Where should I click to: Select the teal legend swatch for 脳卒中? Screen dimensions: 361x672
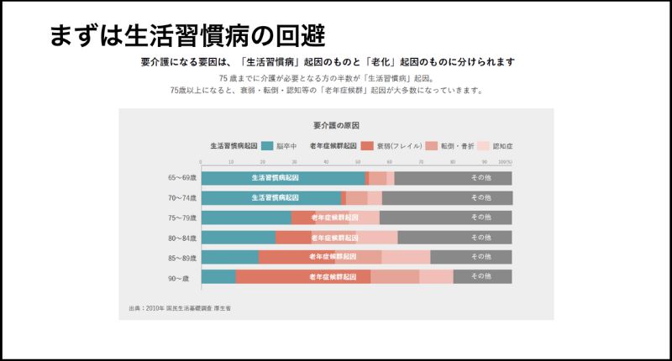(x=267, y=145)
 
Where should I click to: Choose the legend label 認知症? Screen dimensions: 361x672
(x=502, y=145)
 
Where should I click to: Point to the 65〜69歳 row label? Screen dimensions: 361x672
(x=181, y=178)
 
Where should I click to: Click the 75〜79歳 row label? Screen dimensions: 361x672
(x=181, y=217)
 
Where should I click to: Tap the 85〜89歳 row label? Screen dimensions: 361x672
(x=181, y=257)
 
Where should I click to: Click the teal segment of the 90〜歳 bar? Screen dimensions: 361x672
(x=218, y=277)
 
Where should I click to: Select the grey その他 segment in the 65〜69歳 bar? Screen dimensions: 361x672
(x=454, y=178)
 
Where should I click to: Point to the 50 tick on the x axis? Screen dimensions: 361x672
(x=359, y=162)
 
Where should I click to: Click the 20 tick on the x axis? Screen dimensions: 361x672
(x=264, y=162)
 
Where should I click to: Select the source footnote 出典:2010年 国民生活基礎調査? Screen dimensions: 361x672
(x=180, y=308)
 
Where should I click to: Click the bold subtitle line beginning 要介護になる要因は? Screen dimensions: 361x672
(x=328, y=62)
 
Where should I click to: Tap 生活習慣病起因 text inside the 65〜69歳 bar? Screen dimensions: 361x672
(x=276, y=178)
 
